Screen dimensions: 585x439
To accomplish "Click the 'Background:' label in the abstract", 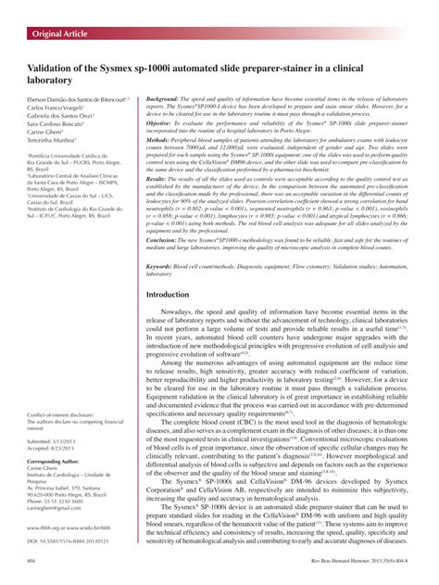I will tap(165, 97).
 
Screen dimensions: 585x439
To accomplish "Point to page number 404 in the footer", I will tap(32, 561).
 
